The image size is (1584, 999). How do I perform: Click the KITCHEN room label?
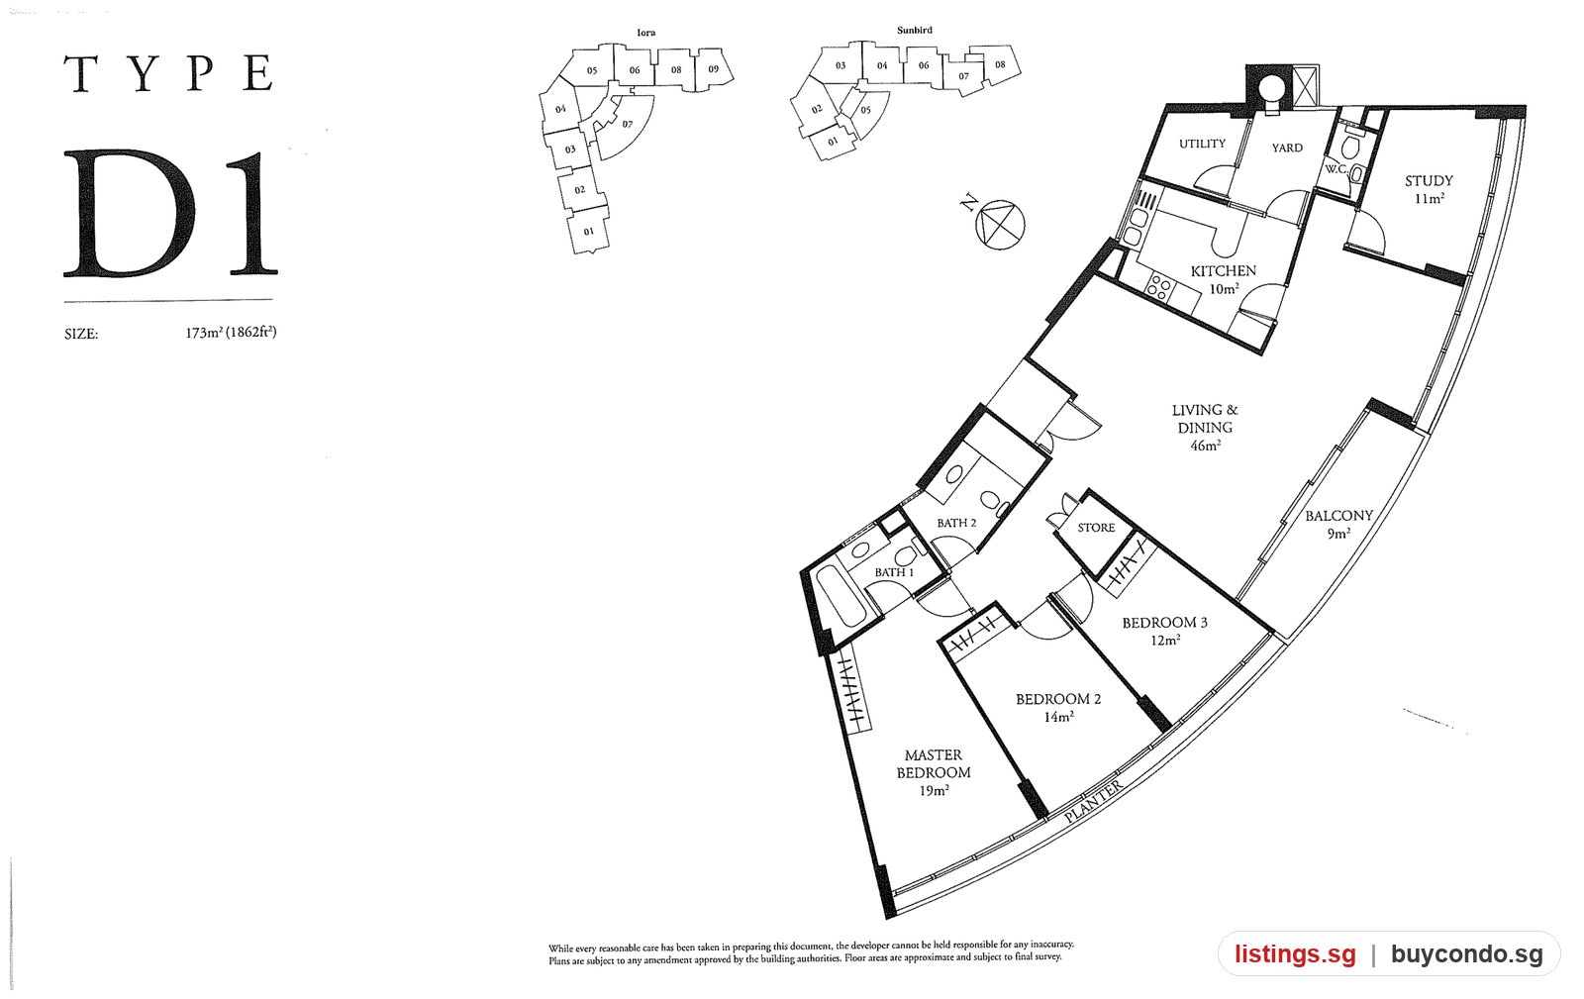pyautogui.click(x=1224, y=271)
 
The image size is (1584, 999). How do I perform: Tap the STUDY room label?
pyautogui.click(x=1429, y=181)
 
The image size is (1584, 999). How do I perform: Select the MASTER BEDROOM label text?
pyautogui.click(x=934, y=764)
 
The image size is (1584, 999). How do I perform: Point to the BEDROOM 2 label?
pyautogui.click(x=1058, y=699)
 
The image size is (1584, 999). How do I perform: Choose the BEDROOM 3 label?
pyautogui.click(x=1164, y=623)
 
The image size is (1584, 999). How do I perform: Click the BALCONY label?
pyautogui.click(x=1338, y=516)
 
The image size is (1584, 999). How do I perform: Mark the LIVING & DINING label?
pyautogui.click(x=1205, y=419)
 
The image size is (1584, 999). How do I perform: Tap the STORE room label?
pyautogui.click(x=1096, y=528)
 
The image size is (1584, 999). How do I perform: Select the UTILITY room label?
pyautogui.click(x=1202, y=145)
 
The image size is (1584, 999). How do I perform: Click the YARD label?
pyautogui.click(x=1287, y=149)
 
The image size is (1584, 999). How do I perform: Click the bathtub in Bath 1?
pyautogui.click(x=841, y=595)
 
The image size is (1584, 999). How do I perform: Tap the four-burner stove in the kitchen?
pyautogui.click(x=1159, y=287)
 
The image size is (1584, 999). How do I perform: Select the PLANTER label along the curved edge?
pyautogui.click(x=1093, y=801)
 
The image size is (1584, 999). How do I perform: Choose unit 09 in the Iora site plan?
pyautogui.click(x=714, y=69)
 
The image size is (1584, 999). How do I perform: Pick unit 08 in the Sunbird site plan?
pyautogui.click(x=1000, y=64)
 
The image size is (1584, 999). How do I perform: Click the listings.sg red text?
pyautogui.click(x=1295, y=954)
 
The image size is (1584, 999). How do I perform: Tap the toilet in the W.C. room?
pyautogui.click(x=1350, y=148)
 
